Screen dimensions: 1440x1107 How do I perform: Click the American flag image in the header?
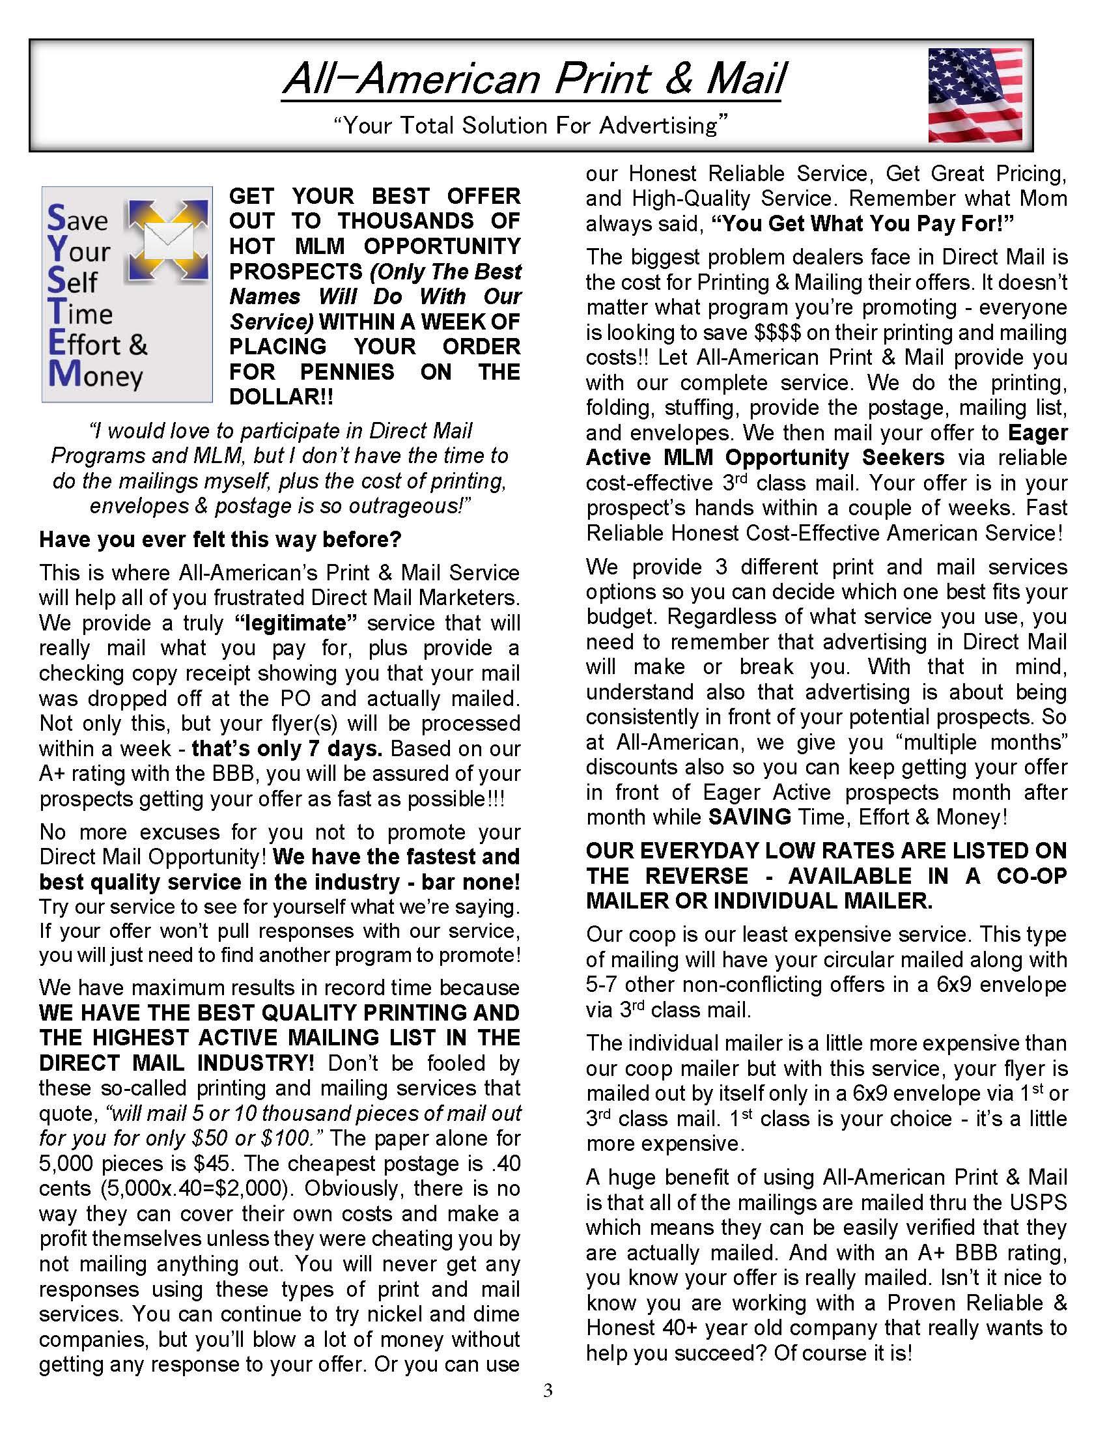(x=975, y=95)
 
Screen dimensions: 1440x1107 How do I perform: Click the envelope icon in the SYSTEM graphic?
(x=168, y=241)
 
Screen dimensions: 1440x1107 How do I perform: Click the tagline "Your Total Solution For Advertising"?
(x=531, y=125)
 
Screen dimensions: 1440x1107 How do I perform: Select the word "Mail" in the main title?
(x=746, y=79)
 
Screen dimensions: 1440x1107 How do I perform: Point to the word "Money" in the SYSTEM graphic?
(x=96, y=375)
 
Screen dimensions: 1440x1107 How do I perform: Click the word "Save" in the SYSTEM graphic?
(x=77, y=219)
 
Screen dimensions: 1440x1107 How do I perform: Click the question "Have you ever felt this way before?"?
(x=220, y=539)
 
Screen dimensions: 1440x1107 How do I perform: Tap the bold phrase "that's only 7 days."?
(x=287, y=749)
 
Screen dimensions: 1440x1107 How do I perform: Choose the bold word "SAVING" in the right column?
(x=750, y=817)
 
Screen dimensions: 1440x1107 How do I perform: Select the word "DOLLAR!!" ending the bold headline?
(x=281, y=397)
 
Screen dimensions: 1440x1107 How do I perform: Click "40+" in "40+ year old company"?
(x=675, y=1327)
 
